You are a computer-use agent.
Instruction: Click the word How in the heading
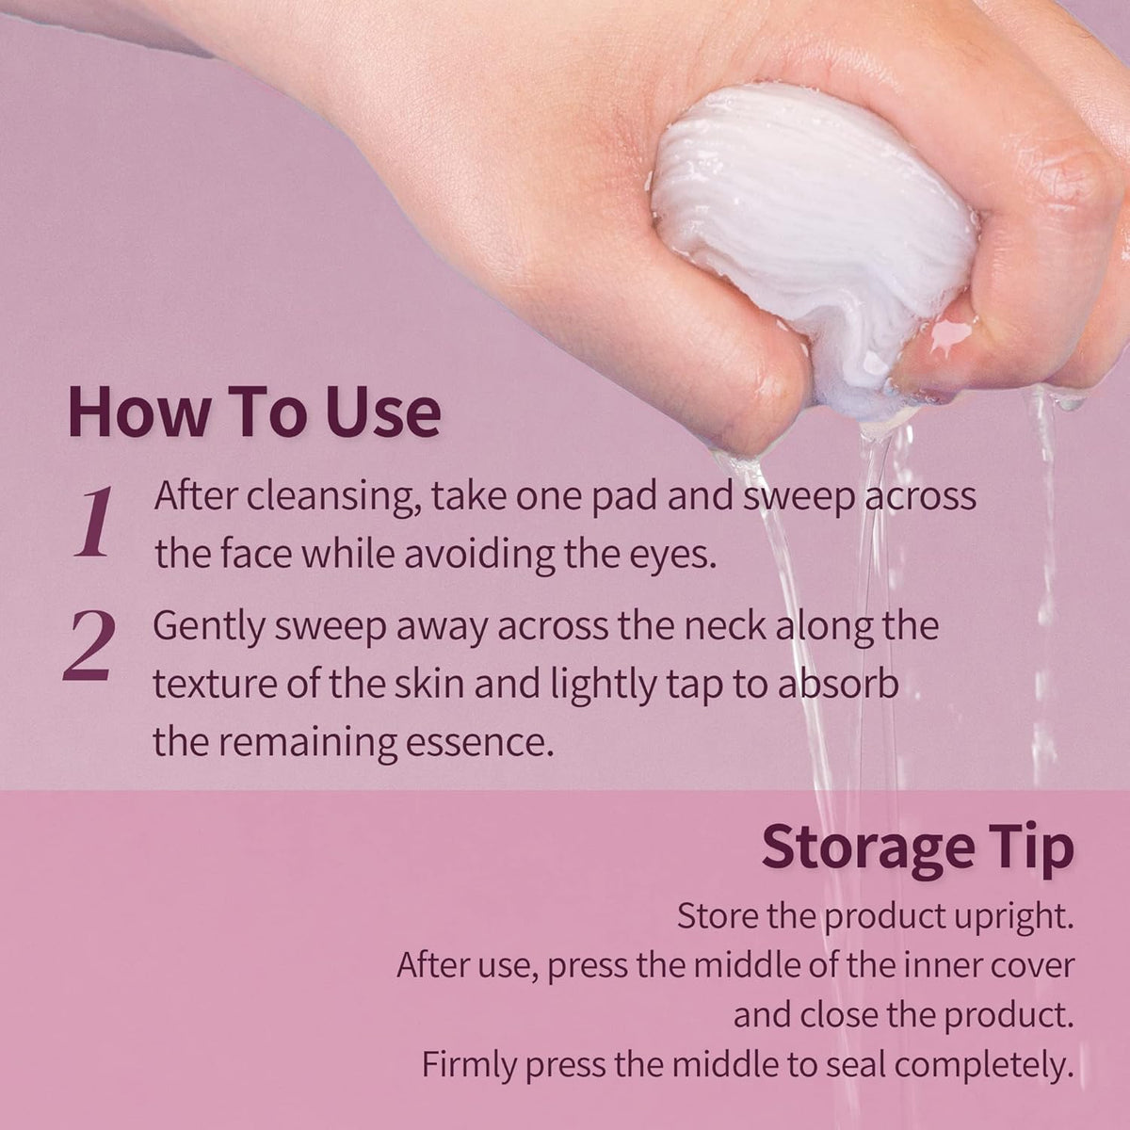click(138, 412)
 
